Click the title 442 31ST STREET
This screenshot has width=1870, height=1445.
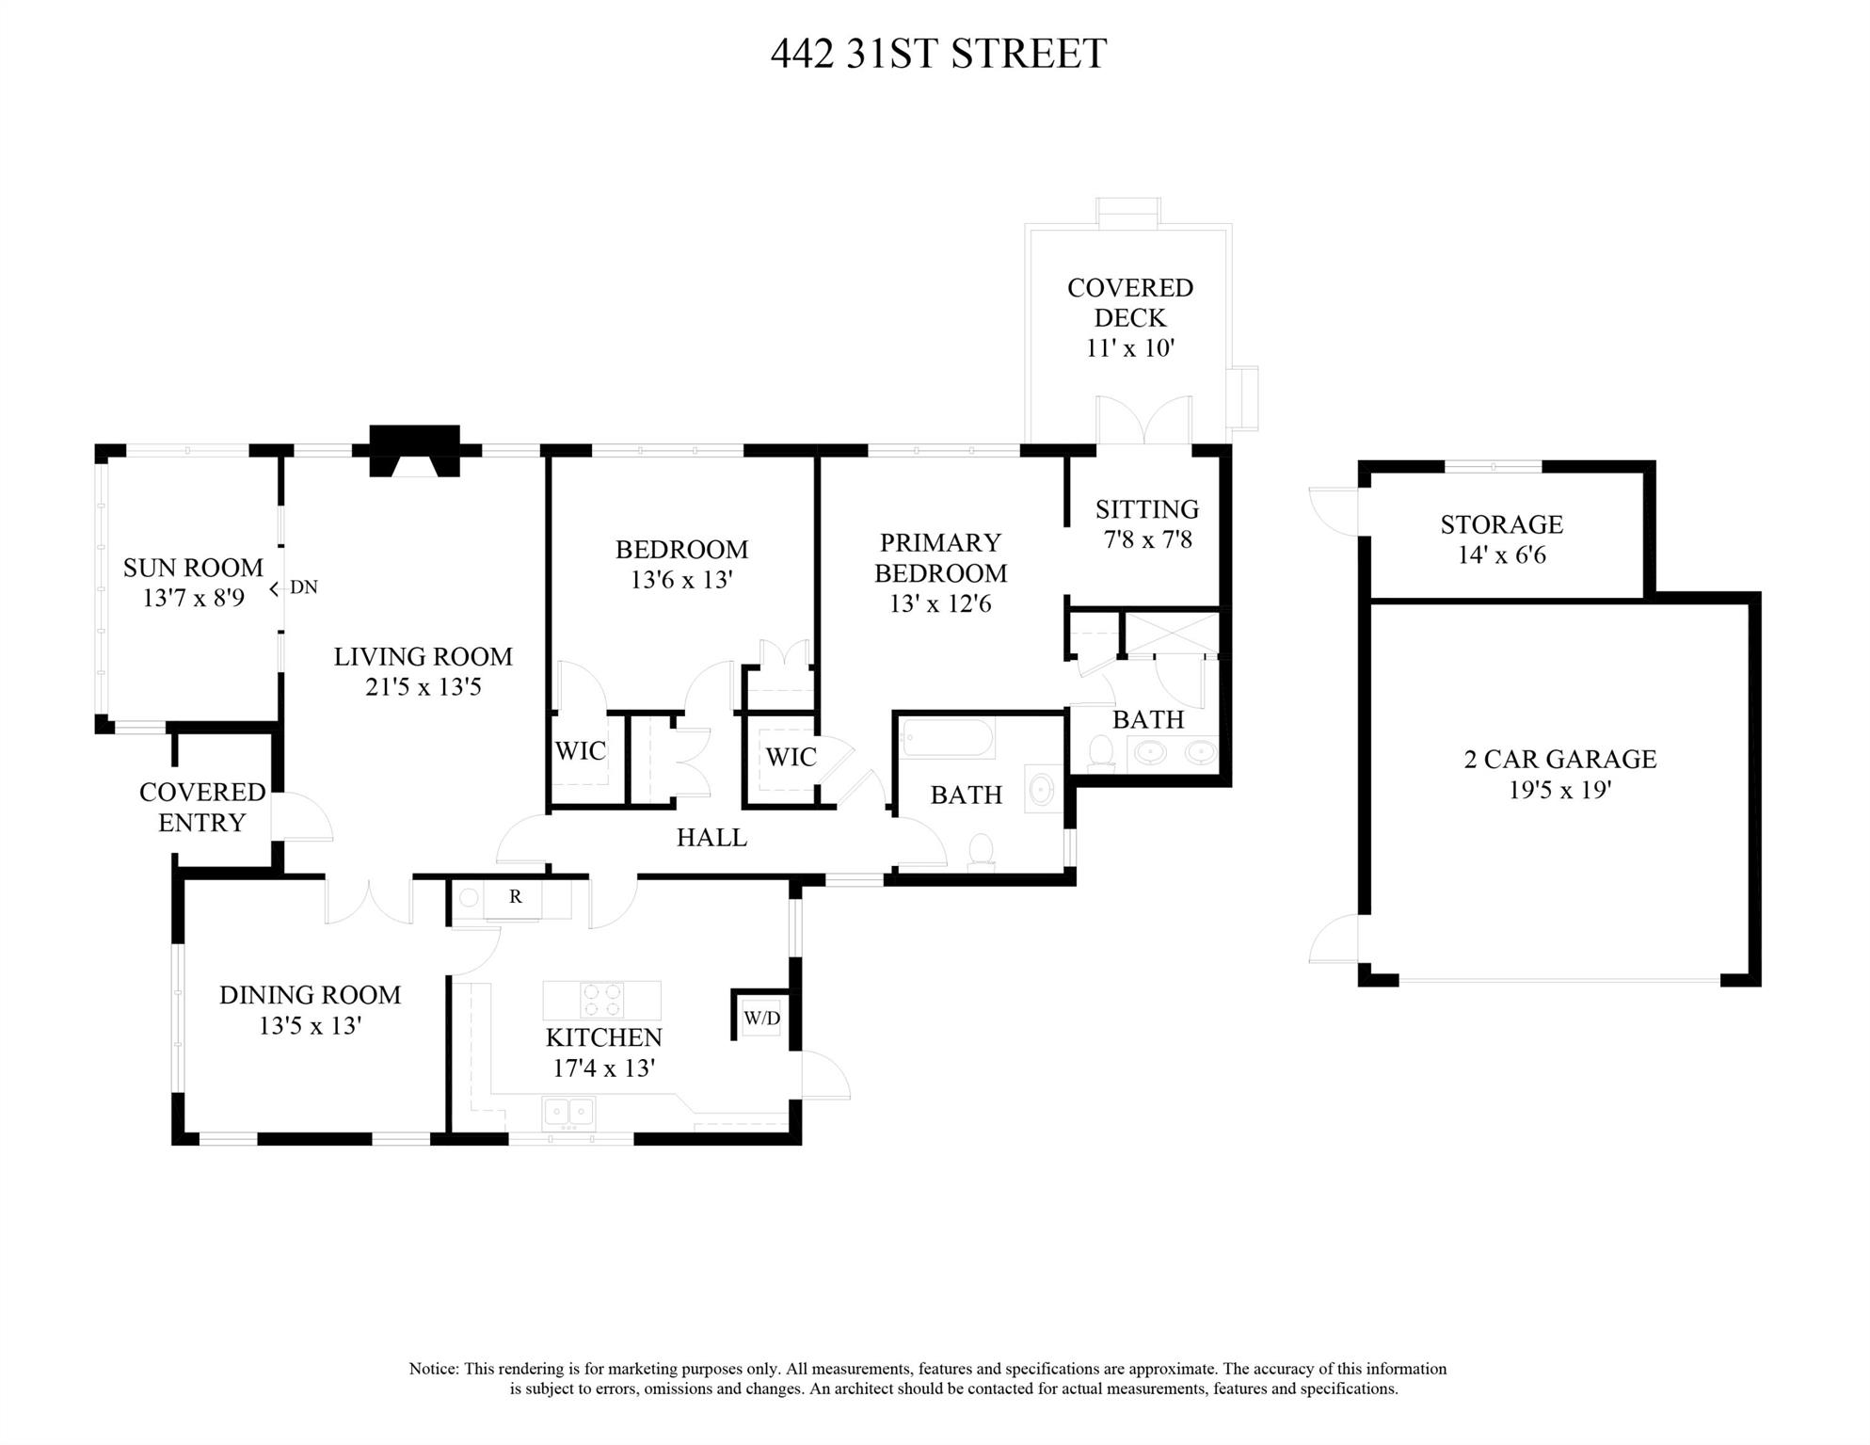pyautogui.click(x=937, y=54)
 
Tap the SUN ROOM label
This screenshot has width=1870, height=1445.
pyautogui.click(x=193, y=568)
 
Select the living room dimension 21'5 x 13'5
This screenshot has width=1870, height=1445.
pyautogui.click(x=423, y=687)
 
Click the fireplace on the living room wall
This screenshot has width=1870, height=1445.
pyautogui.click(x=414, y=452)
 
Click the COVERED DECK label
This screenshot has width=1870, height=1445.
pyautogui.click(x=1129, y=302)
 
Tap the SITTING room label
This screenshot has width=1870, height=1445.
pyautogui.click(x=1146, y=509)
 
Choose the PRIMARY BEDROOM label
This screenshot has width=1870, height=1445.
pyautogui.click(x=940, y=557)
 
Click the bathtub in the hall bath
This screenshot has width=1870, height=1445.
pyautogui.click(x=947, y=739)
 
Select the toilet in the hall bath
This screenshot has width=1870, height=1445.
pyautogui.click(x=981, y=850)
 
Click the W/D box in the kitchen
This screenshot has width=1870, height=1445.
pyautogui.click(x=761, y=1019)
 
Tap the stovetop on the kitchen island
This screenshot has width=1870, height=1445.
pyautogui.click(x=602, y=1000)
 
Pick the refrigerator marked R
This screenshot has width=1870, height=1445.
pyautogui.click(x=515, y=897)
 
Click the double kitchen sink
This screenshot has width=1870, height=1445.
pyautogui.click(x=568, y=1113)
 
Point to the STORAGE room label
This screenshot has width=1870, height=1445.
pyautogui.click(x=1501, y=524)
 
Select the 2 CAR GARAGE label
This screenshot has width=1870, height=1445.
pyautogui.click(x=1559, y=759)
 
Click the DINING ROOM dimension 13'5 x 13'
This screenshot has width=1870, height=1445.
pyautogui.click(x=310, y=1026)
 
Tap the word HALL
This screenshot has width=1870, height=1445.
pyautogui.click(x=711, y=837)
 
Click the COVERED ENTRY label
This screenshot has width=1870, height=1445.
pyautogui.click(x=201, y=807)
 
